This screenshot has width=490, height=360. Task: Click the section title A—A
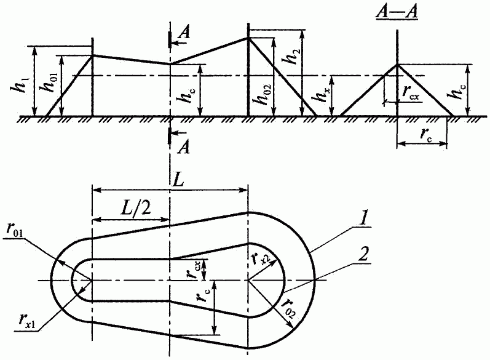(397, 13)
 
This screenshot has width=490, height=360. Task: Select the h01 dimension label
(50, 82)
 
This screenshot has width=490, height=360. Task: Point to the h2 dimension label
(293, 56)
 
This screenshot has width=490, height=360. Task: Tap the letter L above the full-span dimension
(178, 182)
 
